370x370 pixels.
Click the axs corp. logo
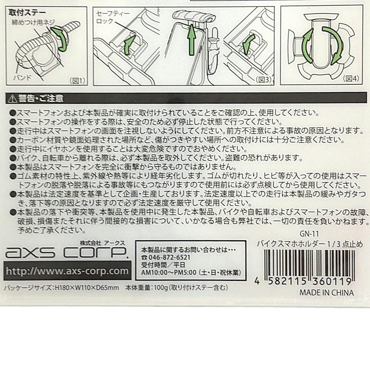coord(67,252)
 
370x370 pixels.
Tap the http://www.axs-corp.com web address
coord(67,271)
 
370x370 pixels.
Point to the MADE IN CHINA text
coord(327,293)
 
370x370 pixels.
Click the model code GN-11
coord(309,234)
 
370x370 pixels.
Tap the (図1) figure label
coord(77,81)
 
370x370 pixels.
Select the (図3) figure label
coord(263,80)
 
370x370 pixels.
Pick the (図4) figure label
coord(351,78)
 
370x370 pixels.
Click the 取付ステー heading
coord(27,13)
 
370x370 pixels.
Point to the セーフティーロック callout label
coord(113,17)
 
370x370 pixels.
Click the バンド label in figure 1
coord(23,77)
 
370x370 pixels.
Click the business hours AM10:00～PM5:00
coord(169,273)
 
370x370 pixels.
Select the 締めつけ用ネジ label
coord(33,23)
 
